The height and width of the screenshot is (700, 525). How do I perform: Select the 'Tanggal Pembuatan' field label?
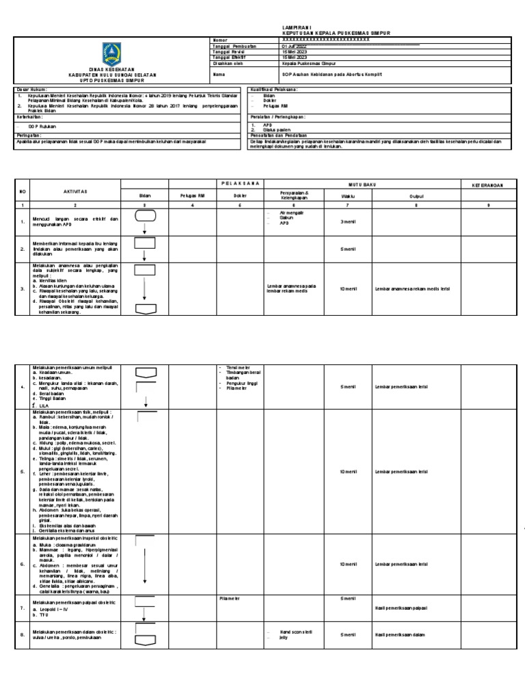232,46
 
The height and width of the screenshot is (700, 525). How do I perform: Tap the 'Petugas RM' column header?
192,196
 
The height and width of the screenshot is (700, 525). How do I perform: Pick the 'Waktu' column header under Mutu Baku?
347,196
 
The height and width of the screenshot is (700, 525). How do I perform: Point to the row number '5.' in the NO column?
23,471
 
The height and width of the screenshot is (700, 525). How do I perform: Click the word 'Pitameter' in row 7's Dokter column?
228,597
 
